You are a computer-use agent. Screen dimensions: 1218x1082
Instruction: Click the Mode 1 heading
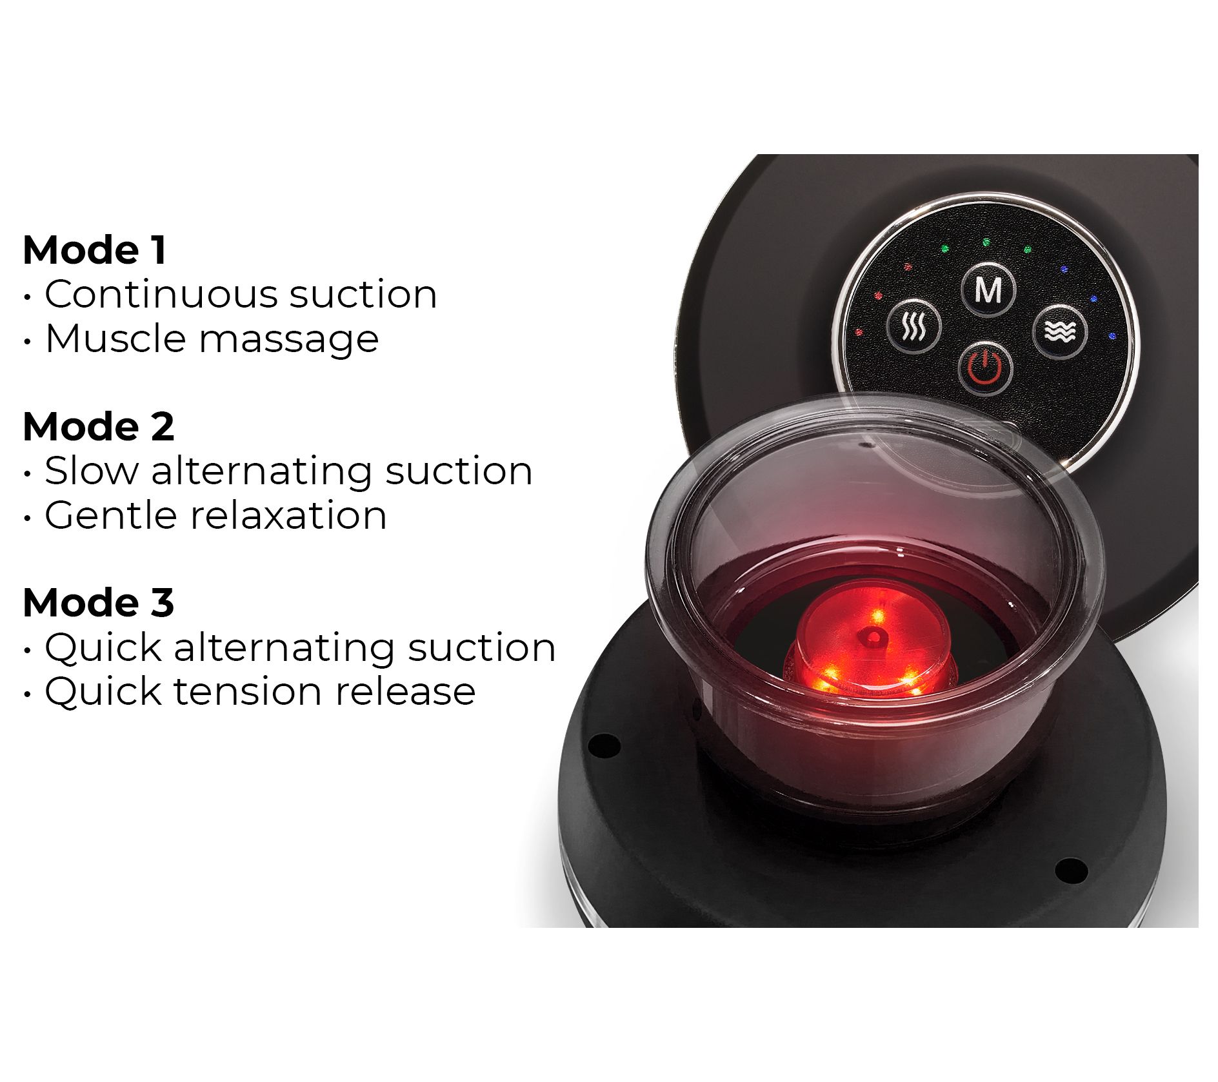(x=94, y=250)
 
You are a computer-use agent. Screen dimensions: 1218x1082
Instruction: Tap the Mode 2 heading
(x=98, y=427)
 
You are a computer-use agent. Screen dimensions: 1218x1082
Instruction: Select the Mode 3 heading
(x=98, y=603)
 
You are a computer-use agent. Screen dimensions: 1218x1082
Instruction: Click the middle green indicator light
(x=986, y=242)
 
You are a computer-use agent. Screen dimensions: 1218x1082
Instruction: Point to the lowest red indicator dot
(x=859, y=333)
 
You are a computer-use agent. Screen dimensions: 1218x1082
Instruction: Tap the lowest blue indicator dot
(x=1112, y=336)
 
